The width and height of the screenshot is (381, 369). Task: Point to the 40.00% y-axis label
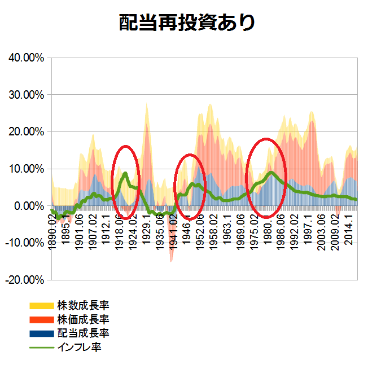[x=26, y=58]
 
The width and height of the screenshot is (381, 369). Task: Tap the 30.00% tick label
[x=26, y=95]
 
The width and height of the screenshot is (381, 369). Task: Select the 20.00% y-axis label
[x=26, y=131]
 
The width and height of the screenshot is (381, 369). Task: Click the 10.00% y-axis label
[x=26, y=169]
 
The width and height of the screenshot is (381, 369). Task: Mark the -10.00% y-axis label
[x=24, y=243]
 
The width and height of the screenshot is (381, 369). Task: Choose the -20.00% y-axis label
[x=24, y=280]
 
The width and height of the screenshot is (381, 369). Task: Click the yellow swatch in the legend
[x=41, y=306]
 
